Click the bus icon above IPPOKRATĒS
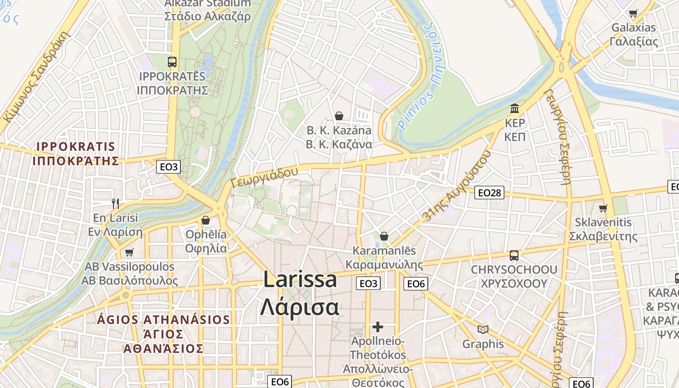tap(172, 62)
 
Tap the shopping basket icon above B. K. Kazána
tap(339, 116)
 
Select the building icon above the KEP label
tap(515, 108)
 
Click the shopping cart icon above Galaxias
tap(633, 13)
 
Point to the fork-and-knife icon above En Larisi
tap(115, 203)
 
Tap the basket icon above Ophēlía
tap(206, 220)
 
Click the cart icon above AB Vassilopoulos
tap(129, 252)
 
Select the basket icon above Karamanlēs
tap(384, 236)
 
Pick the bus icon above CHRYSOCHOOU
tap(514, 255)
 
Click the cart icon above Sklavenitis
tap(603, 208)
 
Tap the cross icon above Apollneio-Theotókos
tap(378, 327)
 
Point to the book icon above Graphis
tap(483, 330)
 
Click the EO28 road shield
tap(489, 193)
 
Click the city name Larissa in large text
tap(300, 280)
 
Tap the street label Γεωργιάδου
tap(264, 178)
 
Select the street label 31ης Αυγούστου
tap(456, 186)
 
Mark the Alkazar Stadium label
tap(208, 3)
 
